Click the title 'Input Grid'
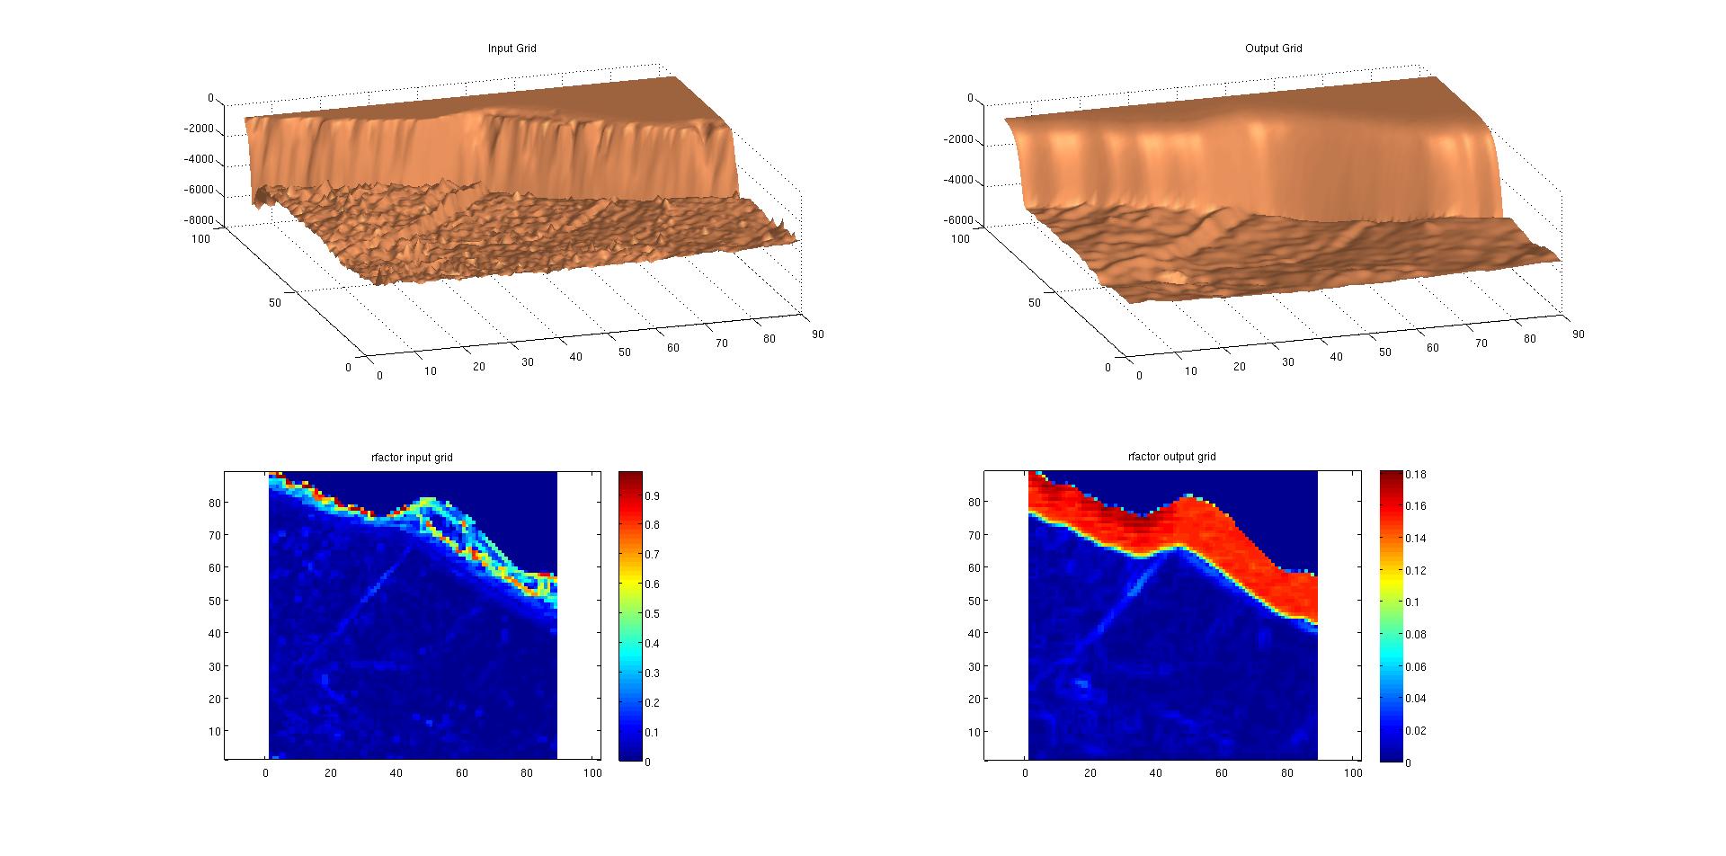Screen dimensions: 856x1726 coord(512,49)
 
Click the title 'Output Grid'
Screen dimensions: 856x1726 coord(1273,49)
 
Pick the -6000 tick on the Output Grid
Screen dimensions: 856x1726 coord(960,220)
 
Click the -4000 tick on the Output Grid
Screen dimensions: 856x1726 coord(960,180)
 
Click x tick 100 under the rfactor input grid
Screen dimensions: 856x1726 coord(592,773)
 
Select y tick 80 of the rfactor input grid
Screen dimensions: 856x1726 coord(215,503)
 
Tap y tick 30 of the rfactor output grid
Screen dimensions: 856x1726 coord(974,666)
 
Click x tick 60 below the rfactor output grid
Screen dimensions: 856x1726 coord(1222,773)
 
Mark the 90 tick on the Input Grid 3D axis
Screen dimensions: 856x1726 coord(816,334)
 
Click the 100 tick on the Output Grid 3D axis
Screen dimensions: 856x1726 coord(961,238)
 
